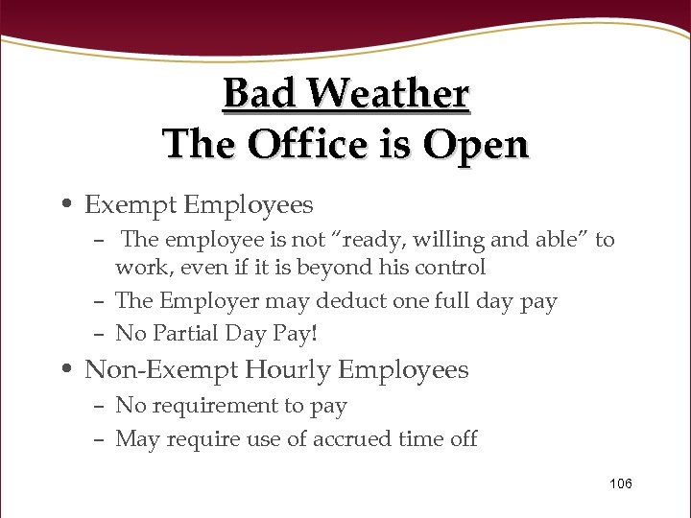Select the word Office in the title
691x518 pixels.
tap(308, 145)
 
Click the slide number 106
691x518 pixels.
tap(621, 483)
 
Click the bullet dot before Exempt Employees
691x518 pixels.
tap(72, 206)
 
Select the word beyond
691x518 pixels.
tap(332, 268)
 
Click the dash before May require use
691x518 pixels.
tap(100, 439)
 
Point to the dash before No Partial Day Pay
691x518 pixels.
tap(100, 334)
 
